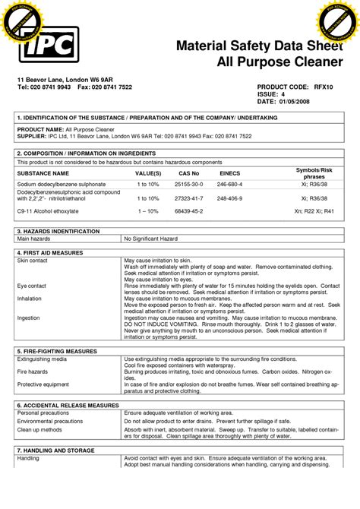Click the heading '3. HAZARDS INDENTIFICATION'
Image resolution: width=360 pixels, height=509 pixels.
click(58, 230)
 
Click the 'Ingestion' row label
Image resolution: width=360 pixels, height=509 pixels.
click(28, 318)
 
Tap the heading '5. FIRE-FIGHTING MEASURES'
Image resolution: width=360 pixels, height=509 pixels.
click(58, 351)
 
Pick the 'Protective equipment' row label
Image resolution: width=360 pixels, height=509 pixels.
click(43, 384)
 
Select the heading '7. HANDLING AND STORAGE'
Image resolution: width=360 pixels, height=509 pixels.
click(57, 451)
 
